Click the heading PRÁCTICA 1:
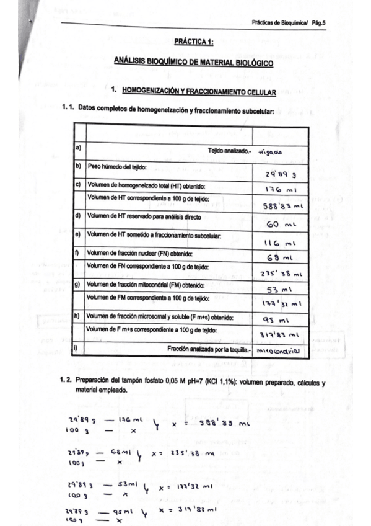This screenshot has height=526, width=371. pos(194,42)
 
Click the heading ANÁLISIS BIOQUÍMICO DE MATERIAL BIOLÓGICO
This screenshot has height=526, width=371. pos(194,62)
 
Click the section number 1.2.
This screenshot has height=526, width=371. pos(66,382)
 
